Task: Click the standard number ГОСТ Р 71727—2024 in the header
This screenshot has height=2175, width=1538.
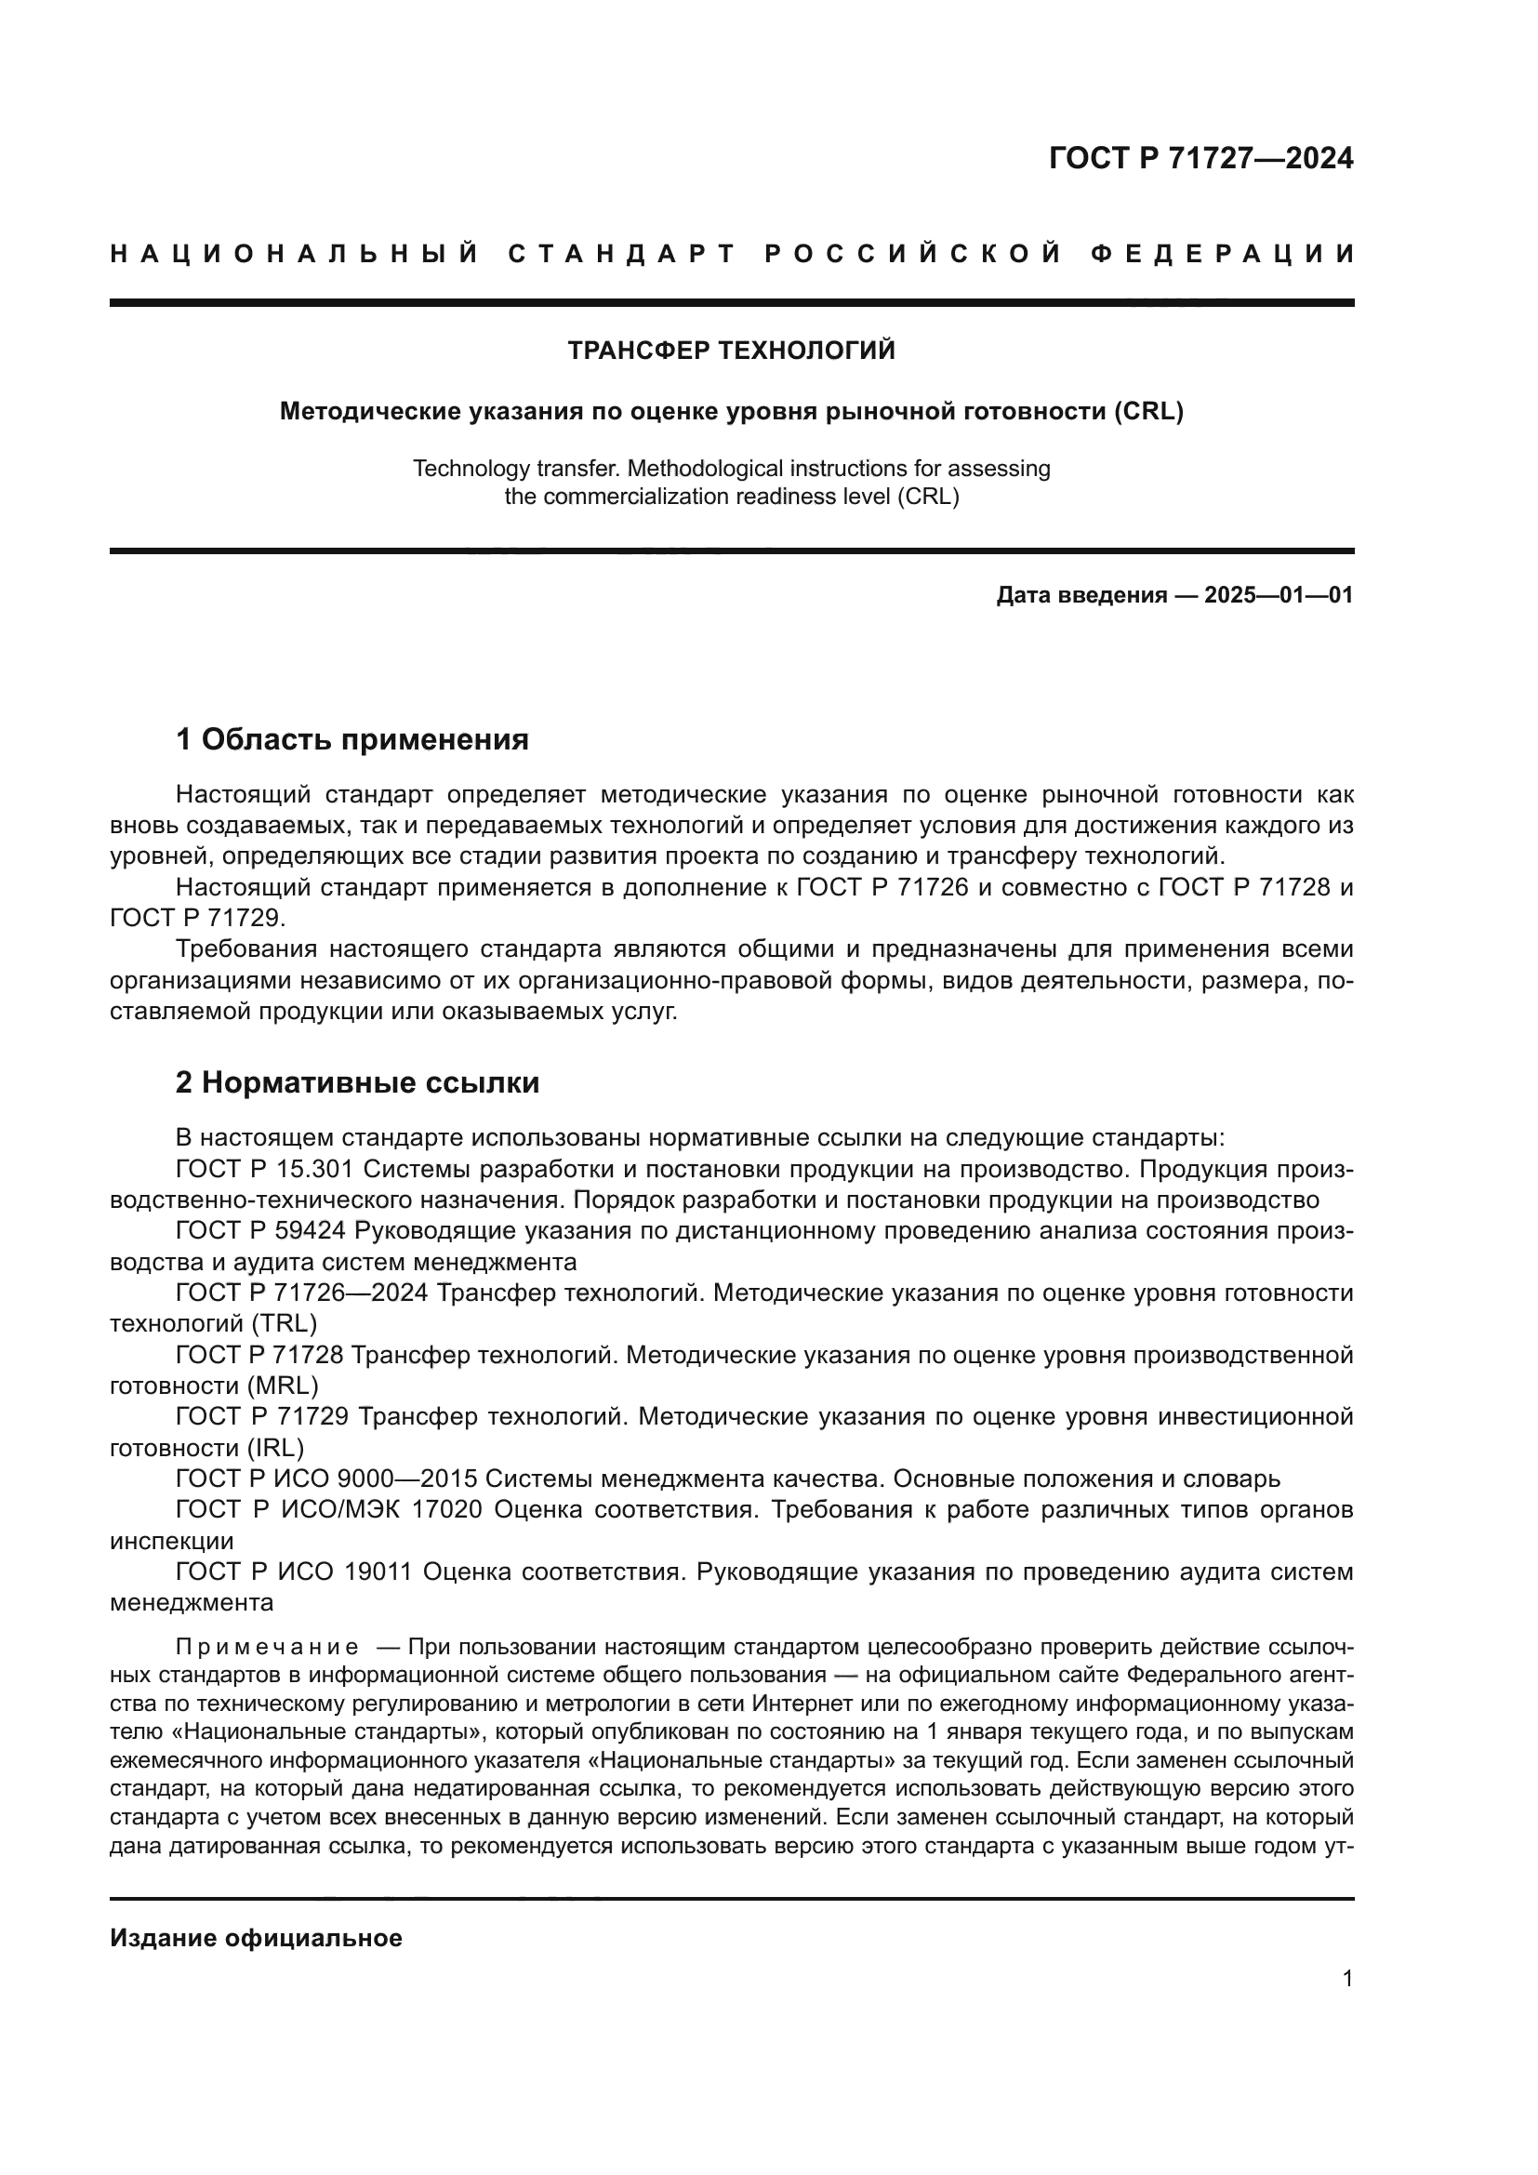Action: point(1200,158)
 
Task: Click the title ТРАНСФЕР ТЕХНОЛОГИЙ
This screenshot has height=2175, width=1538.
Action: point(731,351)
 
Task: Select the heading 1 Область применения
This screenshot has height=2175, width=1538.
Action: point(351,739)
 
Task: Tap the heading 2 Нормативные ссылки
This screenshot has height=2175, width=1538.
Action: point(357,1081)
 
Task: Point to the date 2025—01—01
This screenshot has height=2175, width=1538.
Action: point(1279,596)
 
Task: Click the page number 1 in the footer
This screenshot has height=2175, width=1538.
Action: point(1346,1979)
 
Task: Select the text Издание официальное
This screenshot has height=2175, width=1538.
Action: point(256,1938)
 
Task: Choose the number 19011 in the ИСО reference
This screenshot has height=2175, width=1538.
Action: point(378,1572)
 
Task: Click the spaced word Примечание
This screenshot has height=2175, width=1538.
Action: point(267,1648)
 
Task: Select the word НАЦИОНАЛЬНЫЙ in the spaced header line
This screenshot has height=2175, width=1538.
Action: point(295,254)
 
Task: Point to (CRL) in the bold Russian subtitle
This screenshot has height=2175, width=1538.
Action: point(1148,412)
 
